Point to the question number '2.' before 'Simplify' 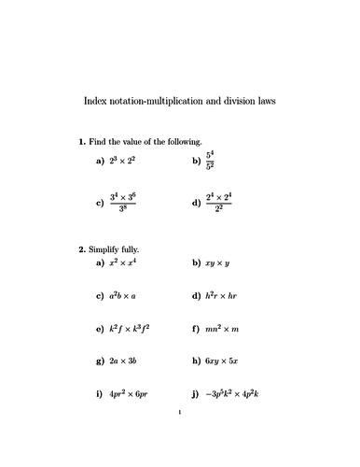tap(82, 249)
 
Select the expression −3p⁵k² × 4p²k tap(244, 393)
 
